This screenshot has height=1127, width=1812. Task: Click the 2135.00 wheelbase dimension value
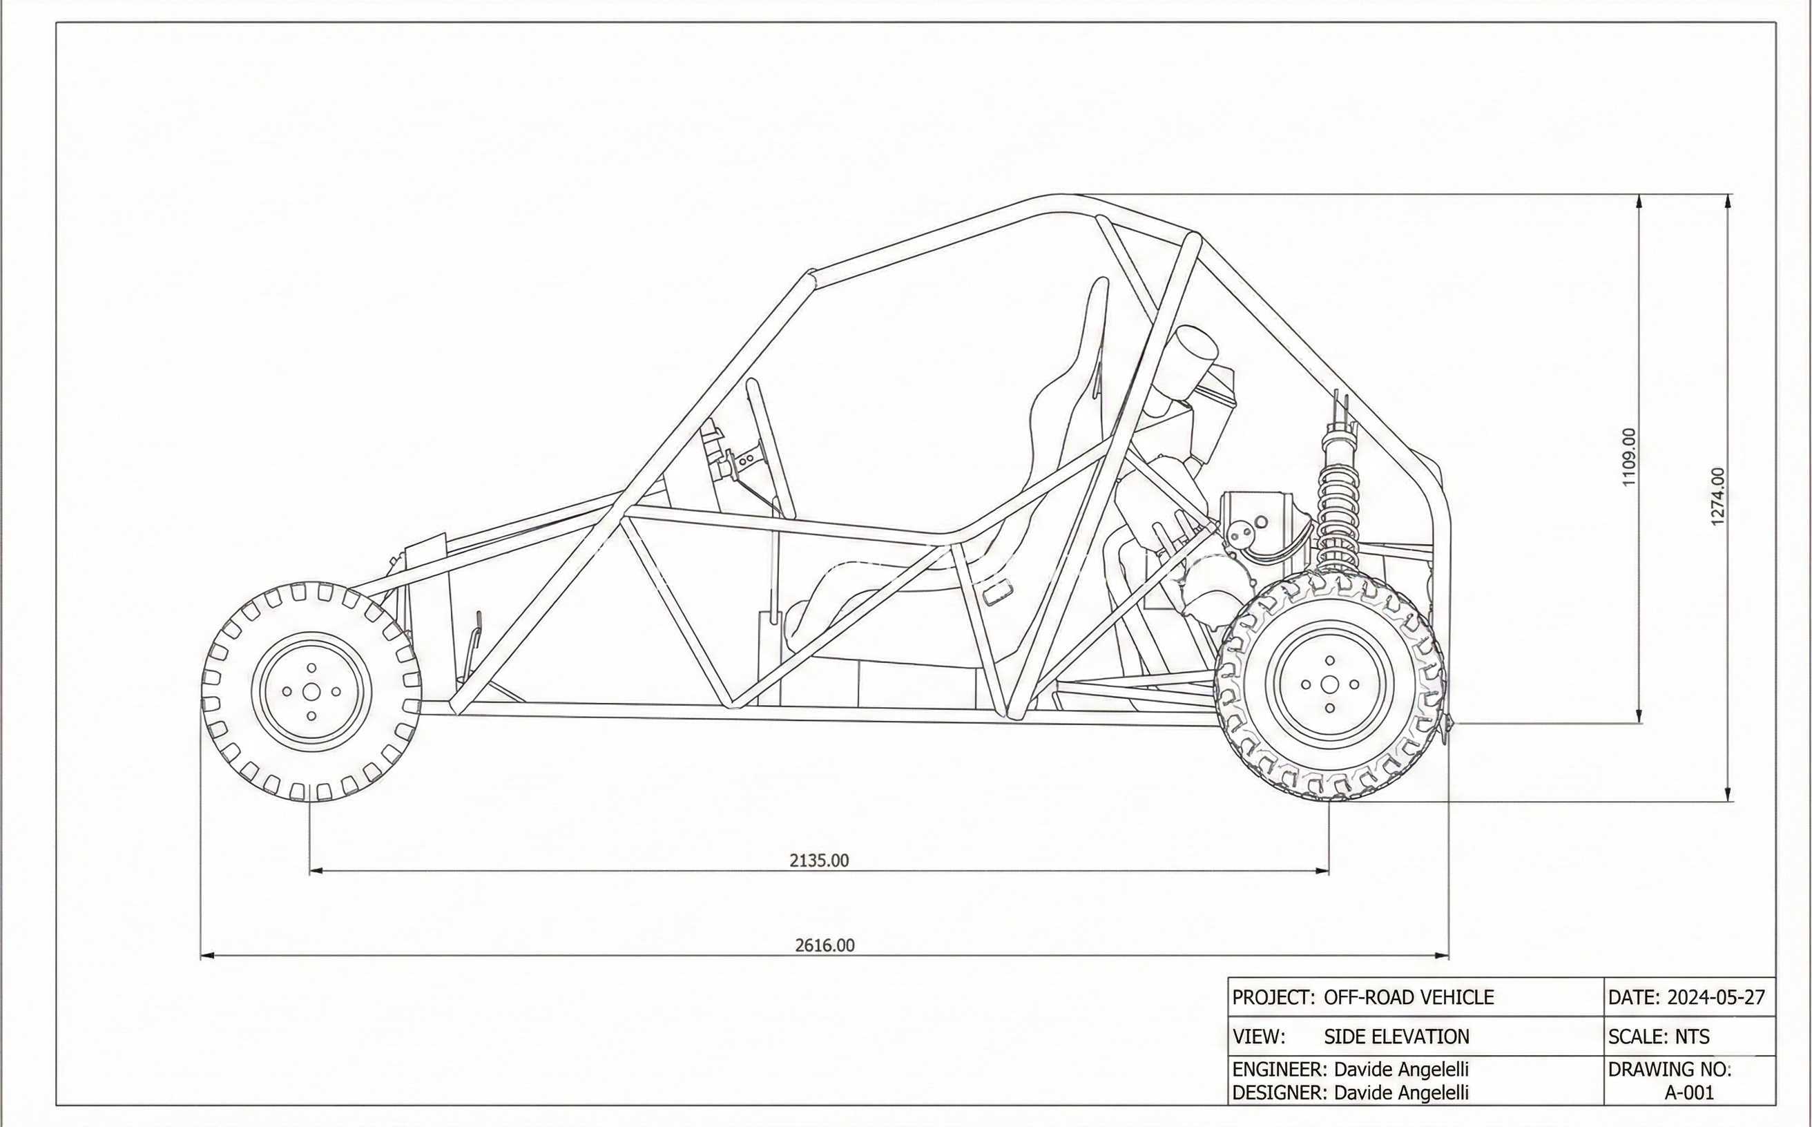tap(819, 860)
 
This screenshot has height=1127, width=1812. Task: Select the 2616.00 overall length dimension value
tap(825, 945)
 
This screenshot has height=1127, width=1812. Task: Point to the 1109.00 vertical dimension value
tap(1630, 457)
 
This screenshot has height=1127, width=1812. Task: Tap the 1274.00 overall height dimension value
tap(1717, 497)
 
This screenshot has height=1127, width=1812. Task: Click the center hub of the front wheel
tap(311, 692)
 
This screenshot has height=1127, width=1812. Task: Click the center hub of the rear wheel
tap(1330, 684)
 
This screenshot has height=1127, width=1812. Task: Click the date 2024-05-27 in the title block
tap(1717, 997)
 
